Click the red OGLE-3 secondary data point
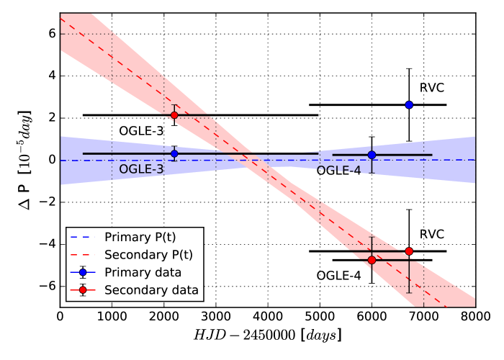[174, 115]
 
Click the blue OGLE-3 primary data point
[174, 153]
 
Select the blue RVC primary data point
[409, 104]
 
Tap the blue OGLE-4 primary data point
[372, 155]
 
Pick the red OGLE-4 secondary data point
[372, 260]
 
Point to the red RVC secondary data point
[409, 251]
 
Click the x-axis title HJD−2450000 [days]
[266, 336]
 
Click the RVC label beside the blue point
[432, 88]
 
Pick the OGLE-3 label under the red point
[140, 132]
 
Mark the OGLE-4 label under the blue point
[338, 171]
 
